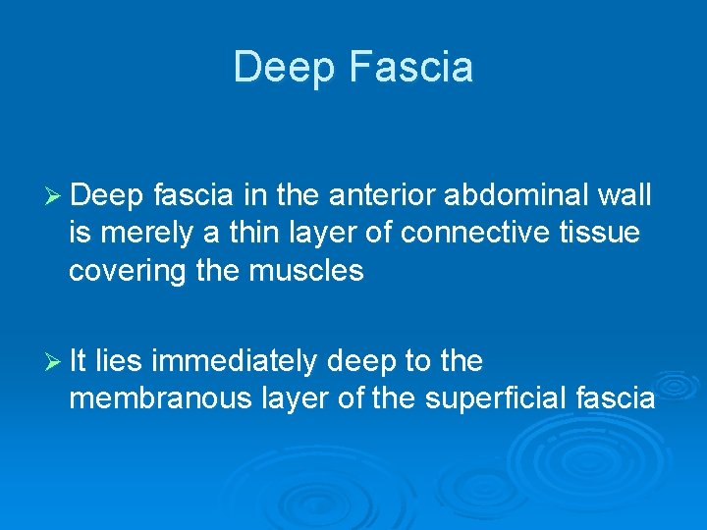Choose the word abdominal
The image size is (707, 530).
click(x=517, y=195)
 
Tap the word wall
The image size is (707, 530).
click(x=625, y=195)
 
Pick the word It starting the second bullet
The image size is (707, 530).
click(x=79, y=361)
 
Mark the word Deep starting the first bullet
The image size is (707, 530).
click(x=108, y=195)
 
